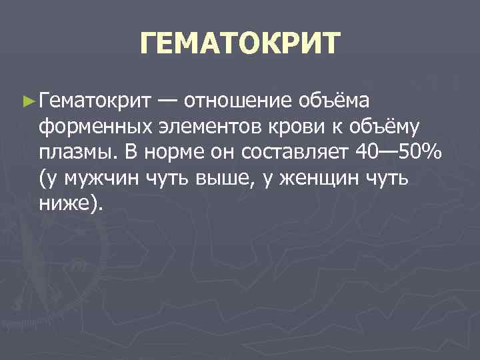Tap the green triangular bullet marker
pos(27,101)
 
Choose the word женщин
pos(319,178)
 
